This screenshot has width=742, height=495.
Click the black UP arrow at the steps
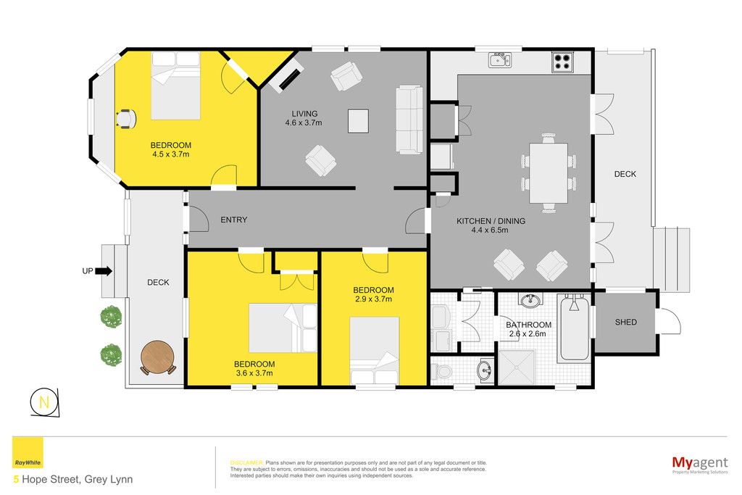(104, 271)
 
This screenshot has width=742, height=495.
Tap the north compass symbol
(45, 403)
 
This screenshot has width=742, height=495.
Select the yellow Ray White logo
(28, 452)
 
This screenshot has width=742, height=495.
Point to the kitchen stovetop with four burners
(562, 62)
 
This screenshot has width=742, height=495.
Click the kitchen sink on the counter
(500, 59)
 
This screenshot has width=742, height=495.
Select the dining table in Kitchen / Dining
(549, 172)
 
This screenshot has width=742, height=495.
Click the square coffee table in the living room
(358, 121)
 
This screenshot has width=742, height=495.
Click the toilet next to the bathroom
(442, 371)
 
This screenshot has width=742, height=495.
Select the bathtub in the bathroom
(575, 327)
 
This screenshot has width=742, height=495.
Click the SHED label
(625, 322)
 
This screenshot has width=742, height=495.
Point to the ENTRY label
(234, 220)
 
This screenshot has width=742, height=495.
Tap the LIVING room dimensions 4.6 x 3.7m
(304, 122)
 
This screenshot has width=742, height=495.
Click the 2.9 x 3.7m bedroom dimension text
(373, 299)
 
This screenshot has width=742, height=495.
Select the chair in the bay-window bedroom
(126, 118)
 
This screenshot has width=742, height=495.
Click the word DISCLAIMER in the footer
(246, 463)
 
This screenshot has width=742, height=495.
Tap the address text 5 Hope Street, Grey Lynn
(73, 479)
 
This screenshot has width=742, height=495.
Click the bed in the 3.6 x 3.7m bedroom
(283, 328)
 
